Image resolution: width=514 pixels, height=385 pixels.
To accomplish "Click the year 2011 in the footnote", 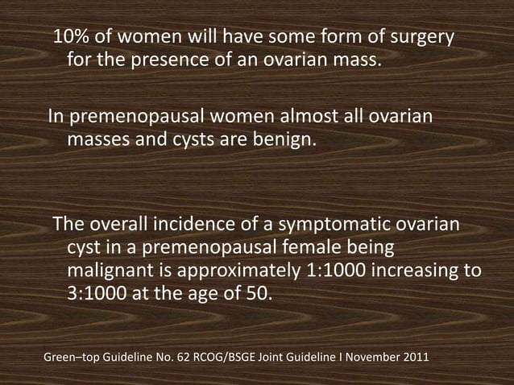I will click(415, 356).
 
